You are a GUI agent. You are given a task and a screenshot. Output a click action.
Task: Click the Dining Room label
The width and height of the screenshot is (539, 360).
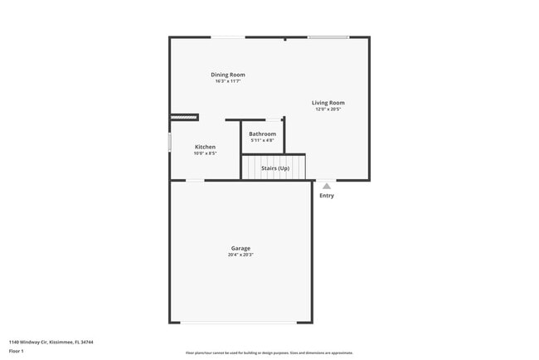tap(228, 75)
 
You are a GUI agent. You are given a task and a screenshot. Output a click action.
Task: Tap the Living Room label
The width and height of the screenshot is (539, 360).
tap(328, 103)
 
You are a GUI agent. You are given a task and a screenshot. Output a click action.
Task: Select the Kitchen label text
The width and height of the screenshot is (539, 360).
tap(205, 147)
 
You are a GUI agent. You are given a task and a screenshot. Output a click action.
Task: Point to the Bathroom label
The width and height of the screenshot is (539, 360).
tap(263, 134)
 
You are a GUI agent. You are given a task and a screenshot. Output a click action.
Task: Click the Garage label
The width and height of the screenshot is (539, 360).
tap(240, 248)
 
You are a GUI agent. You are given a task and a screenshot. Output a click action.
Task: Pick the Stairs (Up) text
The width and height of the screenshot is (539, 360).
tap(275, 168)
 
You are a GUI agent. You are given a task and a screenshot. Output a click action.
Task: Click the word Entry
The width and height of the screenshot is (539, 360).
tap(327, 196)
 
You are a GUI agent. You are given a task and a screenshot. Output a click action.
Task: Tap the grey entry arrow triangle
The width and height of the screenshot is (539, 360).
tap(327, 187)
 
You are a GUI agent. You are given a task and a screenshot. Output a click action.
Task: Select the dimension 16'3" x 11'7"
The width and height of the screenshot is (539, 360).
tap(228, 81)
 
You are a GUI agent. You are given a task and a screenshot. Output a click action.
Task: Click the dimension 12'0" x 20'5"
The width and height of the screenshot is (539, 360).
tap(328, 109)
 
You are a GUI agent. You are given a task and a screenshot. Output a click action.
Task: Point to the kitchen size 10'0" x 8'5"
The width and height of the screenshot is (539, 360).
tap(205, 153)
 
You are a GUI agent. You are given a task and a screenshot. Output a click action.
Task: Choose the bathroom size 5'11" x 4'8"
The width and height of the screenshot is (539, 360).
tap(263, 140)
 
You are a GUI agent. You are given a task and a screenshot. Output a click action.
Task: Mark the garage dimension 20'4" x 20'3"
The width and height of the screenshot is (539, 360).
tap(240, 255)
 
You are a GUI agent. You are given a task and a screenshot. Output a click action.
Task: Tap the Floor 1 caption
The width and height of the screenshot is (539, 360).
tap(17, 351)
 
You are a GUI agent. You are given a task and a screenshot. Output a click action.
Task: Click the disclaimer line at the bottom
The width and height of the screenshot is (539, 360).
tap(269, 353)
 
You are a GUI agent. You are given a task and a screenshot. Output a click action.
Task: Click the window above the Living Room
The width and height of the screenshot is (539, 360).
tap(328, 37)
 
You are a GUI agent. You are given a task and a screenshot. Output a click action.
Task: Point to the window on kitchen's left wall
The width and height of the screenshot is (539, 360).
tap(170, 142)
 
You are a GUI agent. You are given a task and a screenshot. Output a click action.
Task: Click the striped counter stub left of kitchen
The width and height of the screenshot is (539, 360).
tap(184, 117)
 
